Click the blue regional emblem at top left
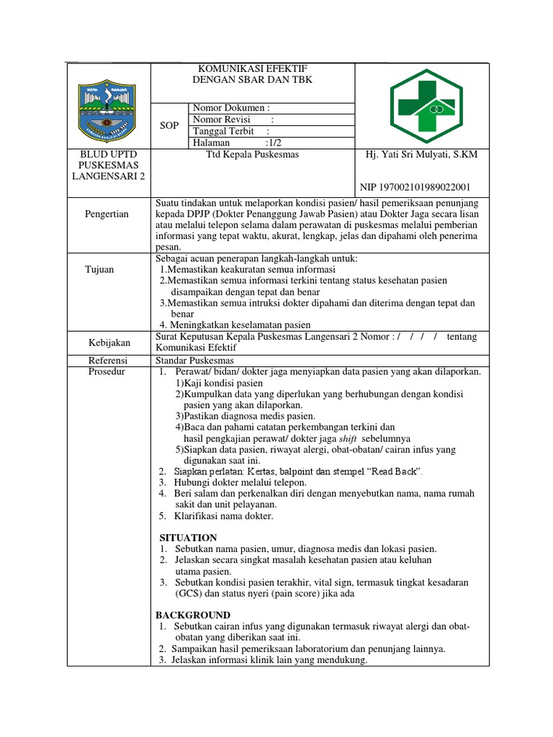tap(108, 107)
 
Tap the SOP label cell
tap(169, 125)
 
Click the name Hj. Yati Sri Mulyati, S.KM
tap(422, 155)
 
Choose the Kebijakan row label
tap(109, 343)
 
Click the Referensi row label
tap(108, 360)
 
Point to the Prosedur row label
tap(107, 371)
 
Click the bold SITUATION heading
tap(187, 538)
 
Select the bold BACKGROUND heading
tap(193, 615)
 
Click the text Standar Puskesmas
tap(194, 360)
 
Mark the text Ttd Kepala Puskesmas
tap(252, 155)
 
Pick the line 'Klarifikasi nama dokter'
tap(223, 516)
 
